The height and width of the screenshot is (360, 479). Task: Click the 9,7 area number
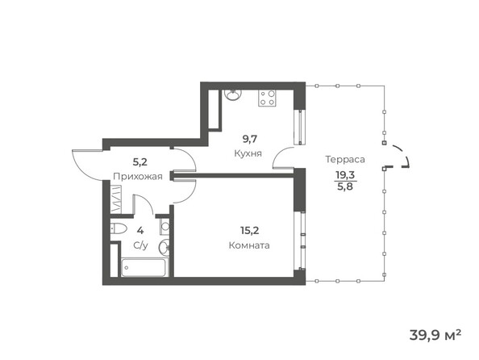(x=247, y=138)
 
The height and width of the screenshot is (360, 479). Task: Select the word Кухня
(x=247, y=153)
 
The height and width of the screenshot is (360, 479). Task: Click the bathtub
(x=143, y=267)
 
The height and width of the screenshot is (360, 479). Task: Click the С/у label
(x=140, y=244)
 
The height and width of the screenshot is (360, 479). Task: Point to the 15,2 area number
(x=248, y=228)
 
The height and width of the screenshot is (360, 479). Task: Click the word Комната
(x=248, y=245)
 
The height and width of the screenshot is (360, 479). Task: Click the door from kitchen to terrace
(x=284, y=160)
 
